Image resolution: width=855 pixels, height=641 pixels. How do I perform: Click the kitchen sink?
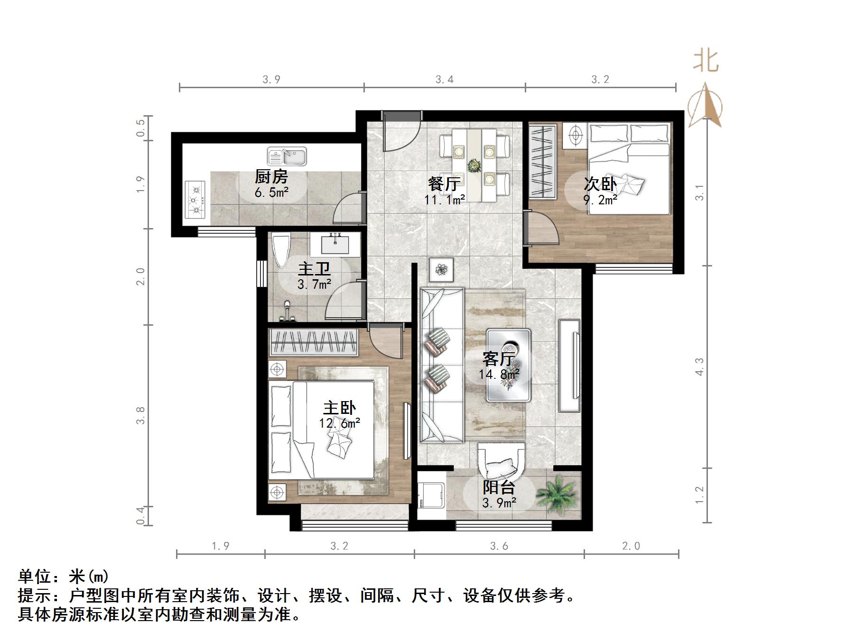point(287,157)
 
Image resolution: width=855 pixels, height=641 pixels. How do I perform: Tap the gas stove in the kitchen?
point(195,199)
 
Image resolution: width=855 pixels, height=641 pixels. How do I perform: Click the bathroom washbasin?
point(335,244)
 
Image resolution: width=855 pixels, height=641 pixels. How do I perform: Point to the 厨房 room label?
point(271,177)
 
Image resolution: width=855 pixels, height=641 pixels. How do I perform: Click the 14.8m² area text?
point(498,375)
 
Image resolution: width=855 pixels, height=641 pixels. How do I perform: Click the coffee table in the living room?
point(508,365)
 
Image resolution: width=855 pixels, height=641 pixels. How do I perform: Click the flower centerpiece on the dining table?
point(474,166)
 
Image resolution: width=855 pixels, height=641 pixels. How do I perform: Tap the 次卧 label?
point(600,184)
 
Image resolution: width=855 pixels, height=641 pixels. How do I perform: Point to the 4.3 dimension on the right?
point(699,366)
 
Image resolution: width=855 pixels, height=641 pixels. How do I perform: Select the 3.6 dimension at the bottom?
point(499,546)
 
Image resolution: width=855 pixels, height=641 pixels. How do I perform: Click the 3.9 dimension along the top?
point(271,80)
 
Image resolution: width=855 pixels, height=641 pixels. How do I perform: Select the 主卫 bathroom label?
point(314,269)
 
